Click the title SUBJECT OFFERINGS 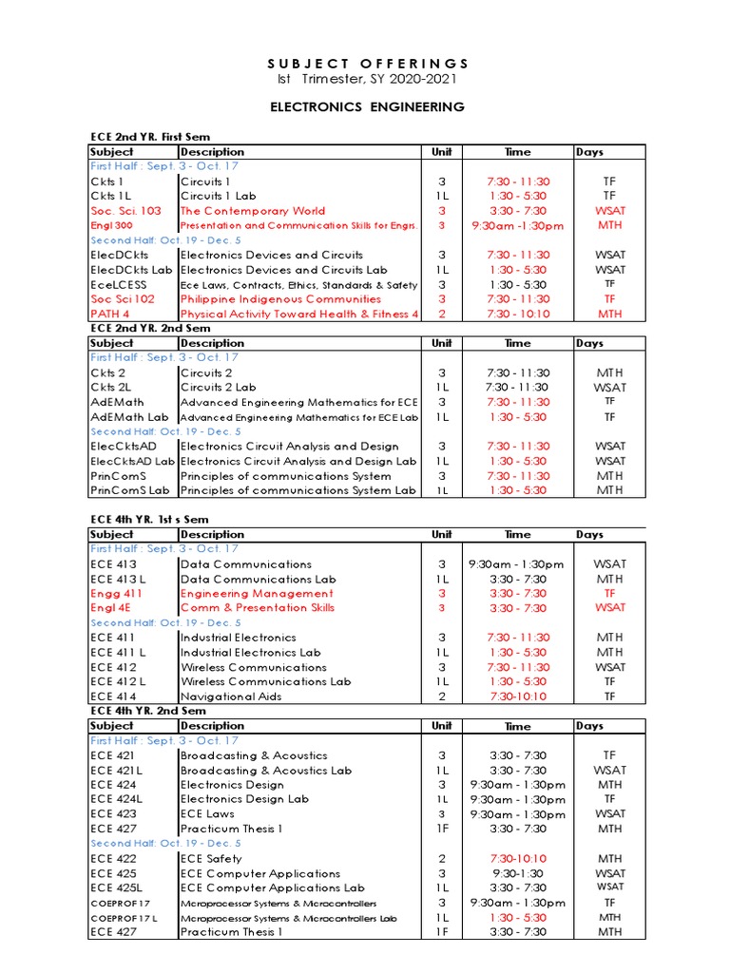pos(366,63)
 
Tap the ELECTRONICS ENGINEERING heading pos(366,106)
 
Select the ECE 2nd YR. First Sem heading pos(149,137)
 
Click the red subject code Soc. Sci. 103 pos(125,211)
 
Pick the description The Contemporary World pos(253,211)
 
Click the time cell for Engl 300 pos(517,226)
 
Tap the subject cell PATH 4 pos(110,314)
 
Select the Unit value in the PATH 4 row pos(441,314)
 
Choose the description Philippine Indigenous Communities pos(280,299)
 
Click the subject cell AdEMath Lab pos(129,417)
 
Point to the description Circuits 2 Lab pos(219,388)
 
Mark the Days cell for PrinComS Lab pos(609,490)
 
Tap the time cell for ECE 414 pos(517,696)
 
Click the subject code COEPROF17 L pos(124,918)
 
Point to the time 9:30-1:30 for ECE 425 pos(517,873)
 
